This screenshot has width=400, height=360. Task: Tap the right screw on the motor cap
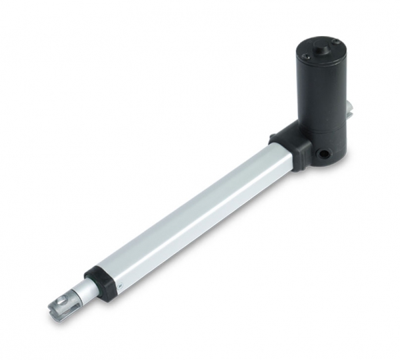339,43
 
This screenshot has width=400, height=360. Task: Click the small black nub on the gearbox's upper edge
273,139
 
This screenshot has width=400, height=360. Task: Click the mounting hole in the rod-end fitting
61,305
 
